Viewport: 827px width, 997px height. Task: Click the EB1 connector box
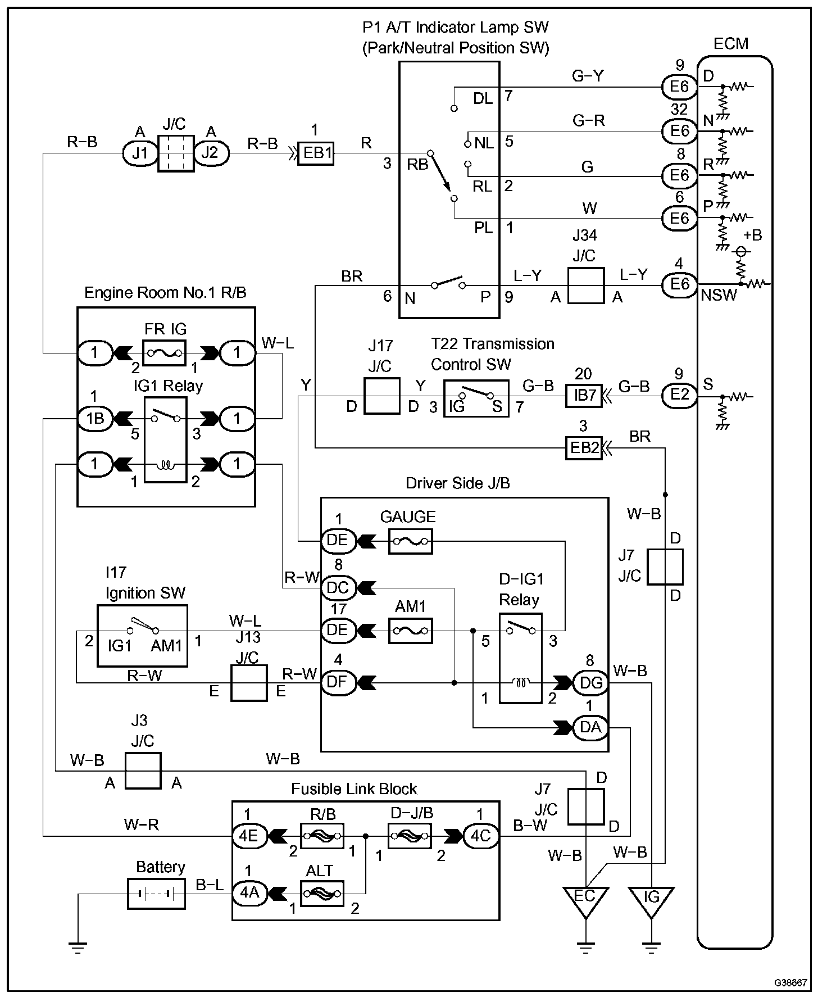click(x=315, y=152)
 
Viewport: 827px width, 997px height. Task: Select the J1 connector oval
click(x=140, y=152)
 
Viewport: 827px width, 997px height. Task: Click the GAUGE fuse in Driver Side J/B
click(x=411, y=541)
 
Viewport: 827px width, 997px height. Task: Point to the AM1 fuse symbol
click(x=411, y=631)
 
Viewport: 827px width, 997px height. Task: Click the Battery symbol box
click(x=157, y=894)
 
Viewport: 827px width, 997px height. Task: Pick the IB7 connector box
click(x=584, y=395)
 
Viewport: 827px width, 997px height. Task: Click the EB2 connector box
click(x=584, y=447)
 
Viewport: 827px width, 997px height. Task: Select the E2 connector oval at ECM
click(x=679, y=395)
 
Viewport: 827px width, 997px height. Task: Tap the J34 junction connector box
click(x=586, y=285)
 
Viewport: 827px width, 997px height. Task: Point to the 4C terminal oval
click(x=480, y=836)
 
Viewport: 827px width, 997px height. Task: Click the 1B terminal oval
click(x=94, y=419)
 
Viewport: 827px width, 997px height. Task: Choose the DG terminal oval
click(x=590, y=683)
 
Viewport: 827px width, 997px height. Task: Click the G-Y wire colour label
click(x=587, y=76)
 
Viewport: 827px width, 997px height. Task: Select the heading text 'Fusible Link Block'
click(x=354, y=789)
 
